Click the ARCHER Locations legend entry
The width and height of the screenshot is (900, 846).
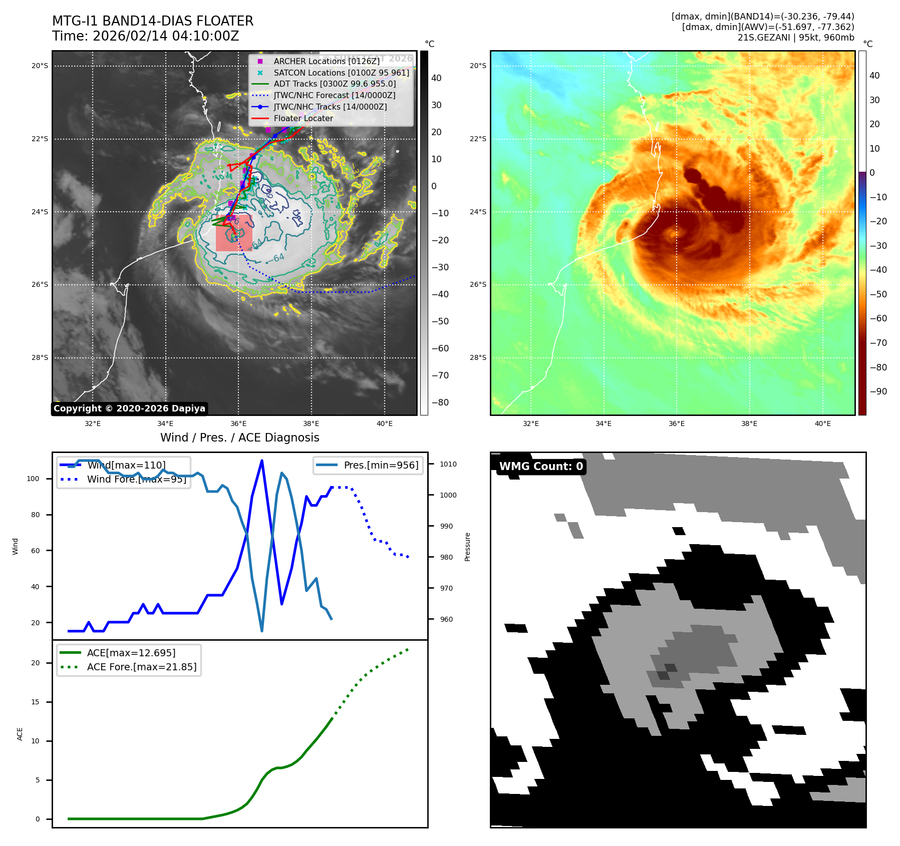click(327, 61)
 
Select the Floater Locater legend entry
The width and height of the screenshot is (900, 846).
click(303, 118)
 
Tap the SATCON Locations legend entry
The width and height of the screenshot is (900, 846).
click(341, 73)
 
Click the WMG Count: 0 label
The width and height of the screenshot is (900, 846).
click(541, 466)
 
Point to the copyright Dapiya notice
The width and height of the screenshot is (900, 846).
click(129, 408)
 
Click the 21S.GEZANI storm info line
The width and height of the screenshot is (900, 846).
click(795, 38)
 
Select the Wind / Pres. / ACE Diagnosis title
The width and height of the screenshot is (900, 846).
click(239, 438)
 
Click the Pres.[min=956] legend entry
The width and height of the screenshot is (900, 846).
click(381, 465)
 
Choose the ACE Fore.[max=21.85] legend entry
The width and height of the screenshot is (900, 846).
click(142, 667)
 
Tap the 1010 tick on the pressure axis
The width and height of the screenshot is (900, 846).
click(448, 464)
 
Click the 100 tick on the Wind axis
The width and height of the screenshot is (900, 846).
click(33, 479)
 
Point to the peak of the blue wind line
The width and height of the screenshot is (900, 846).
click(262, 461)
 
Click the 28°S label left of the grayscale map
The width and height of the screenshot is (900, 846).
click(40, 357)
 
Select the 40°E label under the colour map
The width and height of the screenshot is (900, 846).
click(822, 424)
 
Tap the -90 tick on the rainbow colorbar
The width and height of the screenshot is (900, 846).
click(878, 391)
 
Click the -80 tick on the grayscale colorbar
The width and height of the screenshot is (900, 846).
click(440, 402)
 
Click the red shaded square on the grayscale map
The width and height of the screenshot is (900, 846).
click(234, 233)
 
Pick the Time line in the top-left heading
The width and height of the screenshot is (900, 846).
click(146, 36)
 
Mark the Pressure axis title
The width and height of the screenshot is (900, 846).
click(467, 547)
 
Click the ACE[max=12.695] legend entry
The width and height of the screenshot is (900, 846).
click(131, 653)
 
